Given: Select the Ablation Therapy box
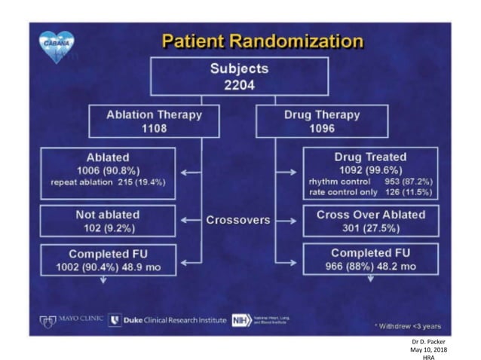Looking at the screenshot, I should [x=154, y=121].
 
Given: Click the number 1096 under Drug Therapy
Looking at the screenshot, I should [x=322, y=128].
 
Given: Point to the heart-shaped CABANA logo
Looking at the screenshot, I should [x=57, y=44].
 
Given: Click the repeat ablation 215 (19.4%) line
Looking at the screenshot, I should [x=108, y=183].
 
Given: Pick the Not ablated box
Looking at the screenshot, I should [x=107, y=220].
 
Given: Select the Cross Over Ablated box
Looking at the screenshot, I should [x=369, y=220].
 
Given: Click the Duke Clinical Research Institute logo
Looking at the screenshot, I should [x=168, y=320].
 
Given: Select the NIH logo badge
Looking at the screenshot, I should [x=241, y=320].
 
